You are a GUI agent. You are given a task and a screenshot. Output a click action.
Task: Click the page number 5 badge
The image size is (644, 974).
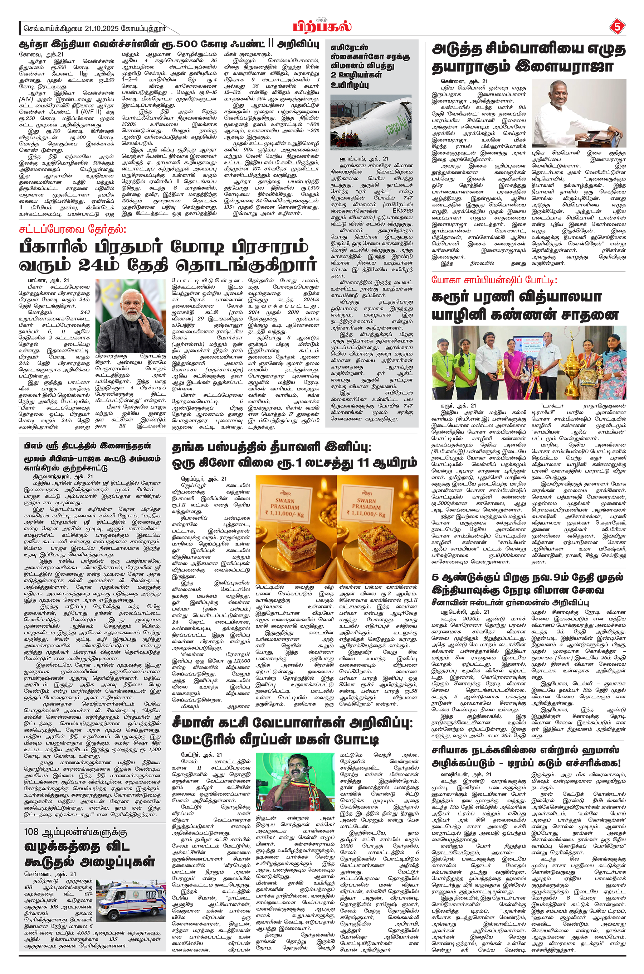tap(616, 27)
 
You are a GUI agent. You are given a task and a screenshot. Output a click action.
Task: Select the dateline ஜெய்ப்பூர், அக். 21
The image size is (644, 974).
tap(204, 478)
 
